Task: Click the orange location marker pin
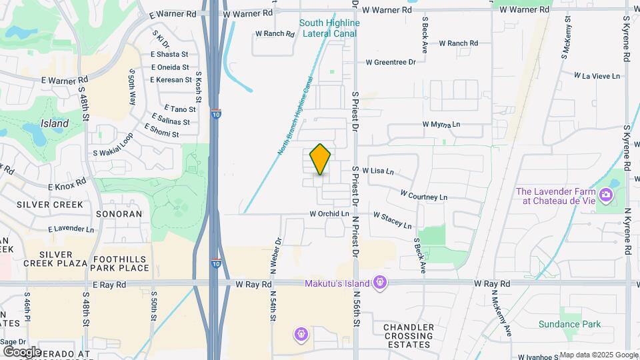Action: tap(320, 159)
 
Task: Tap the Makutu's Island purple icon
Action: tap(380, 283)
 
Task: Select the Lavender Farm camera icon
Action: tap(606, 195)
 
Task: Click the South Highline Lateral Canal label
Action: tap(329, 27)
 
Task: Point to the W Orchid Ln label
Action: tap(329, 214)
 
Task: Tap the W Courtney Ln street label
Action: tap(423, 197)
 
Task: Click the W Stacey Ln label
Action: tap(392, 221)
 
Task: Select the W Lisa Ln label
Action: tap(378, 171)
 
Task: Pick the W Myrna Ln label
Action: tap(441, 125)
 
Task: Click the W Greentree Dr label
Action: tap(391, 62)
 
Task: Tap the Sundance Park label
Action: tap(569, 325)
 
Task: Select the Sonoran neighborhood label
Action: tap(119, 214)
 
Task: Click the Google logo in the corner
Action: tap(23, 351)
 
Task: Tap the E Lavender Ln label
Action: tap(71, 229)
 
